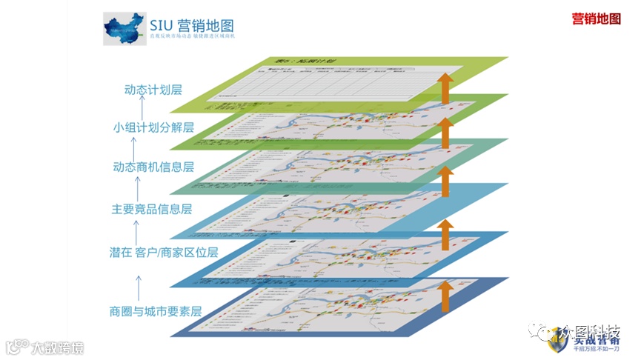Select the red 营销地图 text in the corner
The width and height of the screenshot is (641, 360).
pos(596,19)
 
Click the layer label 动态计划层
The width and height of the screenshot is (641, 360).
pos(153,90)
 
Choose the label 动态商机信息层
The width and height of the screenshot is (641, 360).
pos(153,167)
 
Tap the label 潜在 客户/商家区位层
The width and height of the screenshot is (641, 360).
pos(164,252)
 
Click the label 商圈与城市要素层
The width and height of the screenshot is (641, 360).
pos(155,311)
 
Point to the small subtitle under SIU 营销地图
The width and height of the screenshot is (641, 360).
pos(191,36)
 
